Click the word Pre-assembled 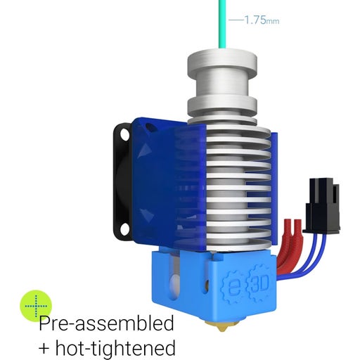pyautogui.click(x=105, y=324)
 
